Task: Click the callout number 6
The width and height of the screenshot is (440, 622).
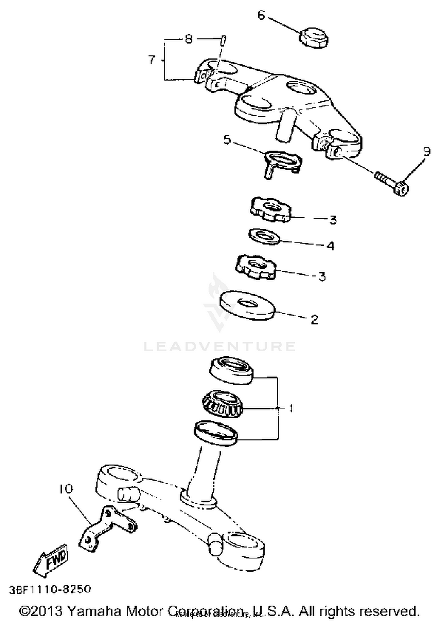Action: pos(261,15)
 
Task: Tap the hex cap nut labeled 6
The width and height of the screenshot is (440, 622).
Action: pos(313,38)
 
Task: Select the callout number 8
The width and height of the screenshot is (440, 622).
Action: pos(189,39)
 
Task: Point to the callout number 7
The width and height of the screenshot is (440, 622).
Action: pos(152,60)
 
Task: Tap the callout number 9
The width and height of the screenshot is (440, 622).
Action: pos(427,151)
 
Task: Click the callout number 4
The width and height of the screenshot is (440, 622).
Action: pos(331,246)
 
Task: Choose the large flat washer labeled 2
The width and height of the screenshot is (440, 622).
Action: pos(247,305)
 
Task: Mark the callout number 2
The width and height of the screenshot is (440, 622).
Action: pos(314,319)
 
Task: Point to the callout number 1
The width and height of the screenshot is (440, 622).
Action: pos(291,408)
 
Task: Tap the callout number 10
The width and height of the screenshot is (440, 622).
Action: pos(66,489)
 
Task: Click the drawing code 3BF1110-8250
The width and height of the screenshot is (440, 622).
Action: pos(50,589)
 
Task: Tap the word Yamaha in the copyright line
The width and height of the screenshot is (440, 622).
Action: pos(94,611)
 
